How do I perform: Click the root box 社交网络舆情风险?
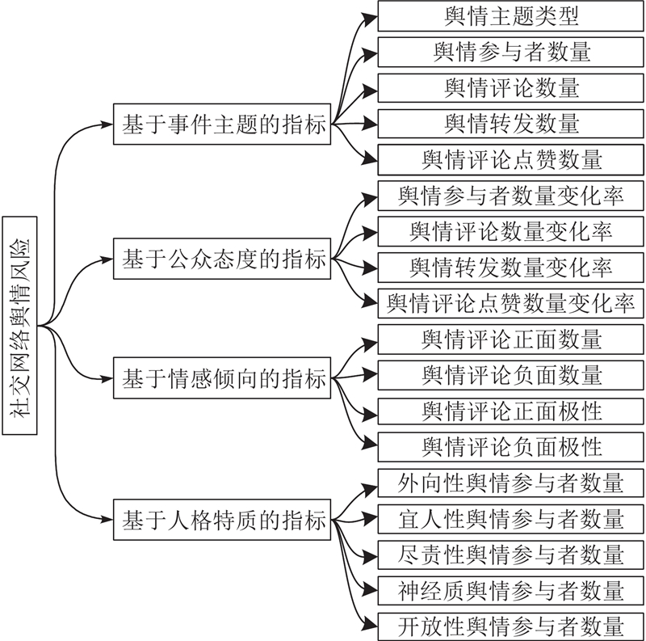point(19,326)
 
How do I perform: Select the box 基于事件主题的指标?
point(222,124)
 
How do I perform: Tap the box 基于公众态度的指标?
point(222,259)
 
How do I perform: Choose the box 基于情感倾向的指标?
point(222,377)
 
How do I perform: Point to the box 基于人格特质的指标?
point(222,520)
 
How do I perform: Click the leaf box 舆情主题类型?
point(511,16)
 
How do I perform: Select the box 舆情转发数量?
point(511,124)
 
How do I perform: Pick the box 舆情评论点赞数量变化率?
point(511,304)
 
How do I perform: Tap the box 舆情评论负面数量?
point(511,375)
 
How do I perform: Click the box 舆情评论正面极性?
point(511,411)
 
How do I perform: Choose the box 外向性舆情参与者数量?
point(511,483)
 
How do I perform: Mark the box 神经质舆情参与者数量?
point(511,591)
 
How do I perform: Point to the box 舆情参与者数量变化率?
point(511,196)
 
